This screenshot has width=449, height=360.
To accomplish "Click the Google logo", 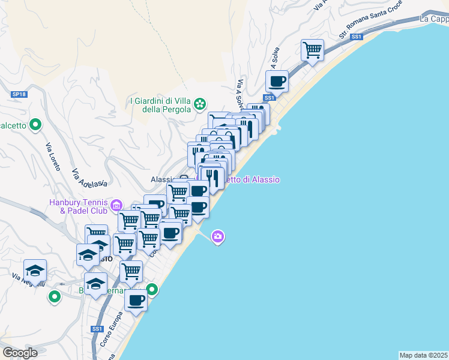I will [20, 353].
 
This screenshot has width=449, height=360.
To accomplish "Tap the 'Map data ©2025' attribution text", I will [423, 355].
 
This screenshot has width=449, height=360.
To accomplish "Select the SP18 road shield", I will [19, 94].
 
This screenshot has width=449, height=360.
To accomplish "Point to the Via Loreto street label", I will [53, 157].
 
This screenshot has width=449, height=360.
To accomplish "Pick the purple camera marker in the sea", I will [218, 237].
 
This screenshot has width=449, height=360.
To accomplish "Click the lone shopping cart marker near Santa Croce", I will [312, 50].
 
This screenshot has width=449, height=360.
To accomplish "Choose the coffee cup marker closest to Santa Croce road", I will [277, 81].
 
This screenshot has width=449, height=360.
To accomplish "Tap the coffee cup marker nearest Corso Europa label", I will [136, 301].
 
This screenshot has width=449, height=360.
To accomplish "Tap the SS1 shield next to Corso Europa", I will [97, 329].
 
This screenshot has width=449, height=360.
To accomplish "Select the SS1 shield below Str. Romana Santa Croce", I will [357, 37].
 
